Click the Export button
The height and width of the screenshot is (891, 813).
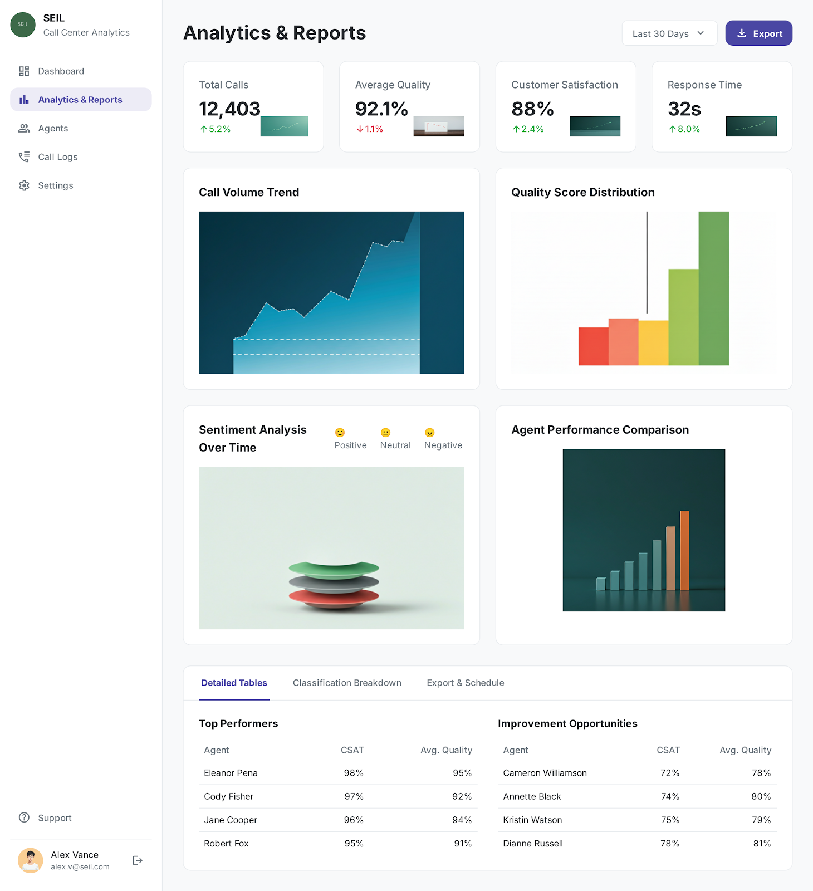coord(758,33)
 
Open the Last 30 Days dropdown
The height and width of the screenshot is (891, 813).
coord(669,33)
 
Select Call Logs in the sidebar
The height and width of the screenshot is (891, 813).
coord(57,157)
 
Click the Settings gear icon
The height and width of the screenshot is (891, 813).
coord(24,185)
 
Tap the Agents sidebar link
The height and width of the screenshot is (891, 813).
coord(53,129)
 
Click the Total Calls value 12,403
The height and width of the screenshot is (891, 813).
coord(229,109)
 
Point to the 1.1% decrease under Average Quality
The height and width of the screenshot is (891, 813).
coord(370,129)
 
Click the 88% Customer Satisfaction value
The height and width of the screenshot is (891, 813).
coord(532,109)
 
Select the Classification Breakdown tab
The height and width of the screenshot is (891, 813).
coord(347,683)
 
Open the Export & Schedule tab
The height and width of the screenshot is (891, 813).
coord(466,683)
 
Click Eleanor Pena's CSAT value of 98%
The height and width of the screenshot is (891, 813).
coord(354,773)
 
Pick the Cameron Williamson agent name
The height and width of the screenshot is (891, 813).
coord(545,773)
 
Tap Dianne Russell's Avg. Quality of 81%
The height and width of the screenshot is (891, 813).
coord(762,844)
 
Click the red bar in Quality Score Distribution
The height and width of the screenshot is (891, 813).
coord(593,346)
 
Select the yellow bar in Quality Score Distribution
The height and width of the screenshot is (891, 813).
coord(653,343)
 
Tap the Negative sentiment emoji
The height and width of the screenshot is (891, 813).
coord(430,433)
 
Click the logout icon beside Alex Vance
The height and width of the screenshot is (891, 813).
coord(138,861)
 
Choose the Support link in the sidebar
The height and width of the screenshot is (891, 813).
coord(55,818)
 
